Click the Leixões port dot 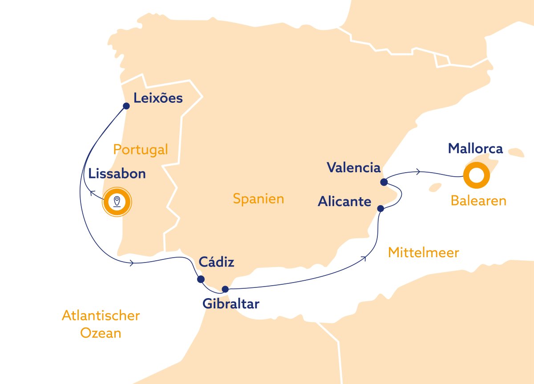tap(126, 106)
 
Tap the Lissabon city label tap(117, 174)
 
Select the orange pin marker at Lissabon tap(117, 202)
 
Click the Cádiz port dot tap(200, 279)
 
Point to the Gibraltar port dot tap(225, 289)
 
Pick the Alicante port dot tap(380, 208)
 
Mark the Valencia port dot tap(384, 182)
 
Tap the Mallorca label tap(475, 148)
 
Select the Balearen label tap(478, 201)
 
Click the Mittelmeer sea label tap(423, 253)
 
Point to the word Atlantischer tap(101, 316)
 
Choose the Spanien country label tap(258, 198)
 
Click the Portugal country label tap(141, 150)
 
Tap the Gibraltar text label tap(231, 304)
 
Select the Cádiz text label tap(217, 262)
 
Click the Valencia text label tap(354, 168)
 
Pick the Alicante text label tap(344, 202)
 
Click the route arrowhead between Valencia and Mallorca tap(418, 172)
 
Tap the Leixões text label tap(158, 98)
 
